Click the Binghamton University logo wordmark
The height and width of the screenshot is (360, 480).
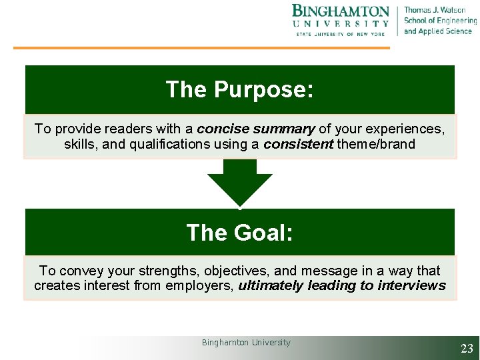pyautogui.click(x=341, y=12)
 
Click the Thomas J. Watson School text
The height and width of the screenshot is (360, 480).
pyautogui.click(x=437, y=21)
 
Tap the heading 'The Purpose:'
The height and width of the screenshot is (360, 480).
pyautogui.click(x=239, y=89)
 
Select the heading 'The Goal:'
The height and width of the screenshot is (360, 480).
pyautogui.click(x=239, y=233)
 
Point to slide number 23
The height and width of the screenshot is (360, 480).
pyautogui.click(x=467, y=348)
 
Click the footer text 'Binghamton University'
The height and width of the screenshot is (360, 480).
pyautogui.click(x=246, y=343)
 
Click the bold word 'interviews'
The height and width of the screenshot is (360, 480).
pyautogui.click(x=411, y=286)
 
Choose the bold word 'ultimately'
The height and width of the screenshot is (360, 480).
pyautogui.click(x=271, y=286)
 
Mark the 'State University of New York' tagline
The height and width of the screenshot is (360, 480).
pyautogui.click(x=341, y=34)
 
